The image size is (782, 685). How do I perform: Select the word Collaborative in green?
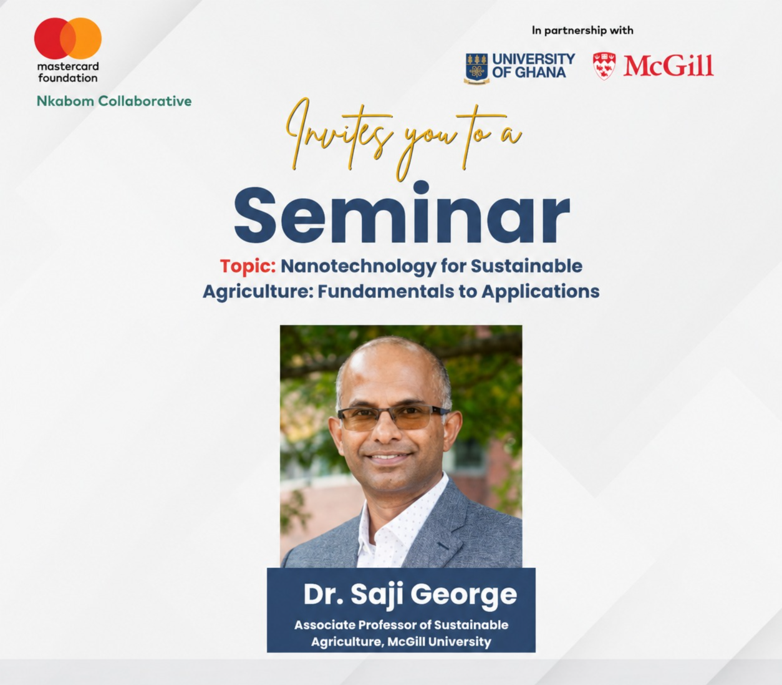pos(145,101)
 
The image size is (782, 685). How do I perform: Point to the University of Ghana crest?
pos(476,68)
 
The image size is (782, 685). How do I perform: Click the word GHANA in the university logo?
pos(541,72)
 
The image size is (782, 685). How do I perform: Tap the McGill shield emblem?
pos(604,66)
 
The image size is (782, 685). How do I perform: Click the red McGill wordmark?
pos(668,66)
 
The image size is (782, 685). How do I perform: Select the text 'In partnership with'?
pos(582,31)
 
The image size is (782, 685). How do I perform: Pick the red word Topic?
pos(248,266)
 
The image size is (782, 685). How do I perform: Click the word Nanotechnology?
pos(359,266)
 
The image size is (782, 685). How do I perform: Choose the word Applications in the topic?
pos(541,292)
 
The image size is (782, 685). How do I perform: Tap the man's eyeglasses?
pos(393,417)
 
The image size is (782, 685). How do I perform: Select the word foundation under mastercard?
pos(67,78)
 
